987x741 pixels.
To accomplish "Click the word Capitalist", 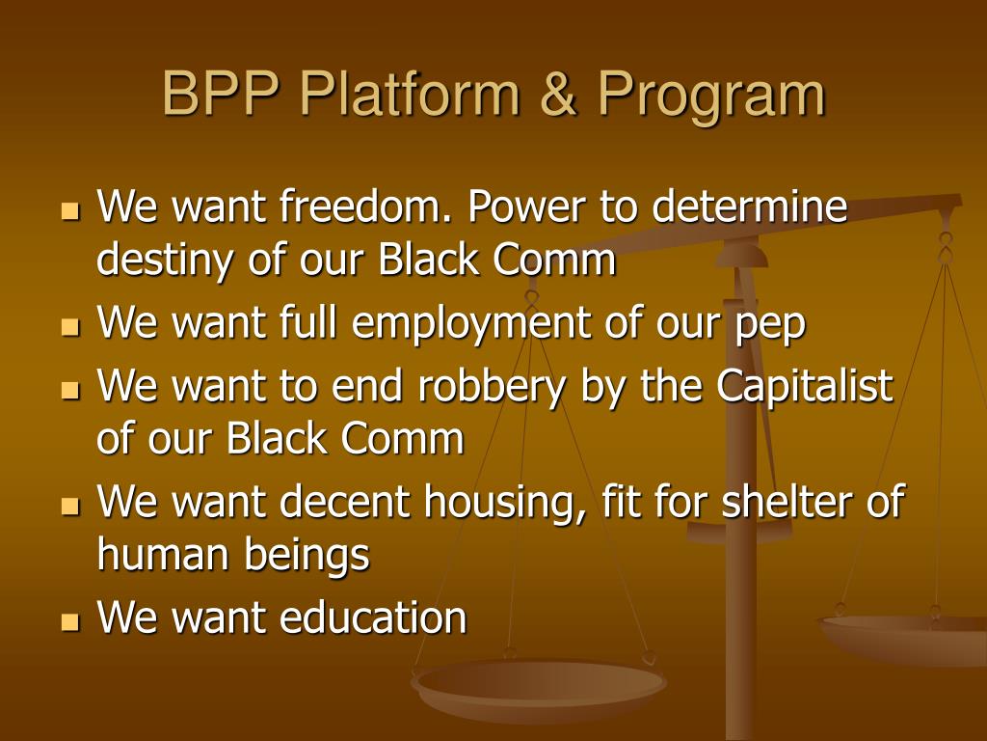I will coord(805,387).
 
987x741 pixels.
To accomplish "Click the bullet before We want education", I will coord(69,620).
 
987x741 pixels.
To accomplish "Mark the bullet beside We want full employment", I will coord(69,327).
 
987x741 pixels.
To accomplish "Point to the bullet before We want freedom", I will coord(69,208).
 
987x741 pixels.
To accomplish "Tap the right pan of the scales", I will coord(906,637).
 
